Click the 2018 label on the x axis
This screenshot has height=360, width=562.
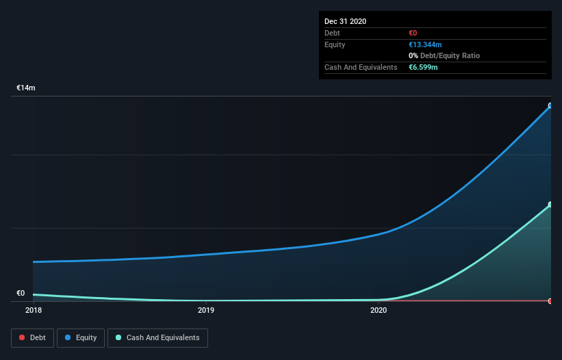tap(33, 310)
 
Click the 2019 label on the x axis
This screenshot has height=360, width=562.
tap(206, 310)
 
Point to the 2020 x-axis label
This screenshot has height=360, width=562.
tap(379, 310)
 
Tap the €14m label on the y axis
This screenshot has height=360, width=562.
tap(26, 88)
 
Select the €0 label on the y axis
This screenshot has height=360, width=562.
tap(21, 294)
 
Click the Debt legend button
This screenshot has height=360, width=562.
tap(31, 337)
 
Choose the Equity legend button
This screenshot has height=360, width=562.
tap(81, 337)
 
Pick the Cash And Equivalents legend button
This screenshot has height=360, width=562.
tap(157, 337)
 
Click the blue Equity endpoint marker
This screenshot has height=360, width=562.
tap(550, 106)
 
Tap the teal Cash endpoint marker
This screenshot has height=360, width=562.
tap(550, 205)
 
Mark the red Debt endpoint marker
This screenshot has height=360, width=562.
tap(550, 301)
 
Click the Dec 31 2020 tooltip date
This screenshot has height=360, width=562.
tap(345, 21)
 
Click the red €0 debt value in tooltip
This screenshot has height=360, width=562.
tap(413, 33)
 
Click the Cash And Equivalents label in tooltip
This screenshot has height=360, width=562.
tap(361, 67)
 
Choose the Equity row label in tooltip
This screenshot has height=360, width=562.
tap(335, 44)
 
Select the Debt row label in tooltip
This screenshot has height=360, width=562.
tap(333, 33)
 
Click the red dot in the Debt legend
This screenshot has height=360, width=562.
tap(23, 337)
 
